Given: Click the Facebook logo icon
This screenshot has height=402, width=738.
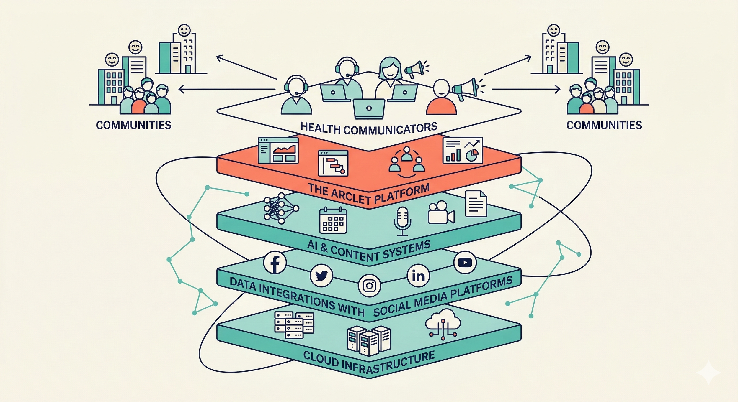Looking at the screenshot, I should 275,263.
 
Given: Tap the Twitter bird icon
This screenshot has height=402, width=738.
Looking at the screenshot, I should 321,276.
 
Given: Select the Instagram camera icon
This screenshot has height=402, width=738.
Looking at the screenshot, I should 369,286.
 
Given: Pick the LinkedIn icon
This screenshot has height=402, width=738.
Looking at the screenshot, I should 418,276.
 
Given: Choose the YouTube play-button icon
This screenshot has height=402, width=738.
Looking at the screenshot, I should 465,263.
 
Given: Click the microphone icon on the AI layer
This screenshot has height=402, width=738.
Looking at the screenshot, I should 402,221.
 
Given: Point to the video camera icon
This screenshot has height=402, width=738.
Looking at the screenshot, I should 441,213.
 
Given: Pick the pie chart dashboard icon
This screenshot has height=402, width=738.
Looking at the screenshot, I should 463,150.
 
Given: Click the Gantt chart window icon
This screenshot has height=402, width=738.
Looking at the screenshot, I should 333,163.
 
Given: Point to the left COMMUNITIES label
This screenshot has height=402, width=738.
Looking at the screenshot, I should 133,125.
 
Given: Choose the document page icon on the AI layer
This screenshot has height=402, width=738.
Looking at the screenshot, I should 476,204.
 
